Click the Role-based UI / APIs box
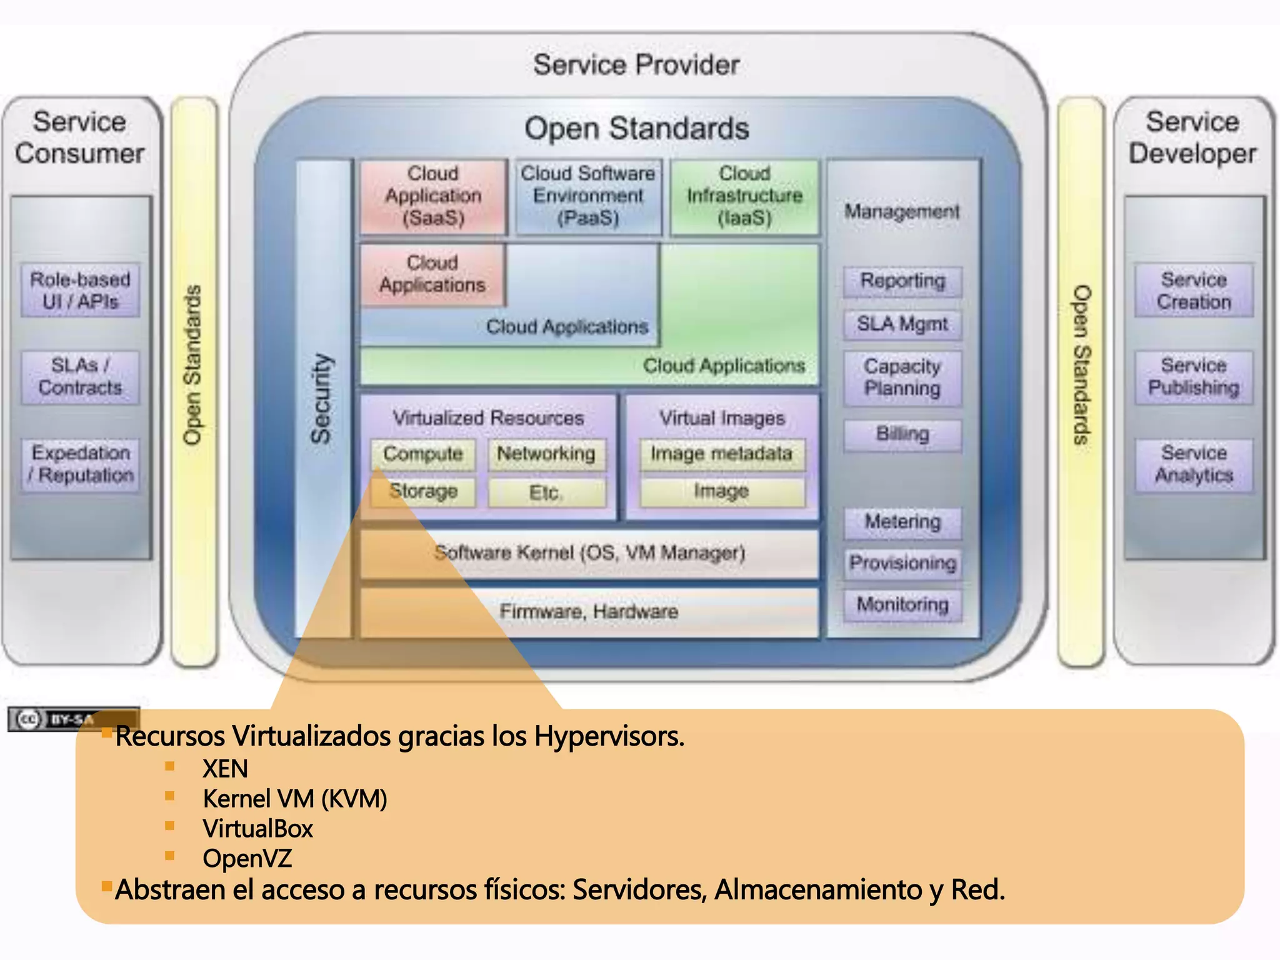tap(80, 291)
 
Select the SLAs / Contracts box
tap(80, 377)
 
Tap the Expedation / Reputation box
tap(80, 464)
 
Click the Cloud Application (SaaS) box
tap(433, 196)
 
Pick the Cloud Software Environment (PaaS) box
tap(587, 196)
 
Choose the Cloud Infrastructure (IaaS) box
tap(744, 196)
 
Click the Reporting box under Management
tap(902, 281)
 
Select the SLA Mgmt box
tap(902, 324)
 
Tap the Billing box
tap(902, 434)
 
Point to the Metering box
tap(902, 522)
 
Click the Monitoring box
tap(902, 605)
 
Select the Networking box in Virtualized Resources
tap(546, 454)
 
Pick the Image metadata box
tap(722, 454)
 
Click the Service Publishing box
tap(1194, 377)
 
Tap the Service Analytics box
tap(1194, 464)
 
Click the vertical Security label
tap(322, 399)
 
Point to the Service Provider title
tap(636, 65)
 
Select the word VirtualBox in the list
tap(257, 829)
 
